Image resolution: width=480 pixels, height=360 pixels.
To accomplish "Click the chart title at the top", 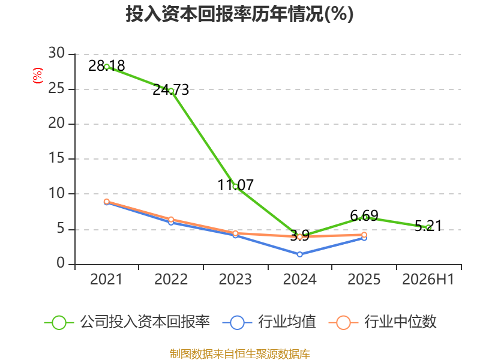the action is coord(239,14).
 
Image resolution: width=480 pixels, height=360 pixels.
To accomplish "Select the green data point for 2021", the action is coord(107,67).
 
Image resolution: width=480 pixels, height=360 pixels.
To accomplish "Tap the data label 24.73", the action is coord(171,89).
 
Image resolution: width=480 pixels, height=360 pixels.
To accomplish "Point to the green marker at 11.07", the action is coord(235,186).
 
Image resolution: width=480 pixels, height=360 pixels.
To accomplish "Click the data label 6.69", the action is coord(364,215).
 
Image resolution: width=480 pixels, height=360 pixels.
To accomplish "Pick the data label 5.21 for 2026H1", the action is coord(428,226).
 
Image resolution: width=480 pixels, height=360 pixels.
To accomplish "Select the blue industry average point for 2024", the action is coord(299,254).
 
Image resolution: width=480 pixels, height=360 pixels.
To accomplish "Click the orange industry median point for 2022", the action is coord(171,220).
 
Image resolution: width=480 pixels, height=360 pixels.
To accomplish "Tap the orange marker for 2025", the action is coord(364,235).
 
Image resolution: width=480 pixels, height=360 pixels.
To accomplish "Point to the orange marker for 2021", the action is coord(107,202).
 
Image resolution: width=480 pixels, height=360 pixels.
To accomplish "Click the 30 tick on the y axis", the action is coord(56,53).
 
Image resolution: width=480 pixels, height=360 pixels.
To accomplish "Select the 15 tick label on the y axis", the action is coord(56,158).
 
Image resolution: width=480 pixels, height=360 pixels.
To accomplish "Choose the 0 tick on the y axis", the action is coord(61,263).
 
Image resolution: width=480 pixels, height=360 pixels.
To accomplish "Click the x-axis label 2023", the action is coord(235,279).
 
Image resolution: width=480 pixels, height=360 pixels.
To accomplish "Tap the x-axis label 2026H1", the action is coord(428,279).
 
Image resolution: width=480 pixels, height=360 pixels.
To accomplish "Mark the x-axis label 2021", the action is coord(106,279).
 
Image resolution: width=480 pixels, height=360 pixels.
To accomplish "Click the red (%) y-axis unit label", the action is coord(38,76).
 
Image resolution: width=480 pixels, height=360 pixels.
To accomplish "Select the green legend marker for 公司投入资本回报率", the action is coord(59,323).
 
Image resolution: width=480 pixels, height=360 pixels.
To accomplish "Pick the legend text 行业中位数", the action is coord(400,322).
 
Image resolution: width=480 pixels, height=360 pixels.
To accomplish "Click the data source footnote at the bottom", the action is coord(240,354).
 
